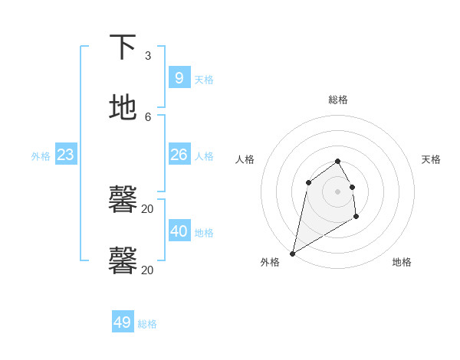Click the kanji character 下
click(123, 48)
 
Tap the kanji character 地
click(123, 108)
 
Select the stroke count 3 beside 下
click(148, 56)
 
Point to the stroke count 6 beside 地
click(148, 116)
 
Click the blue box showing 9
click(179, 77)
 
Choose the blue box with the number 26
click(179, 155)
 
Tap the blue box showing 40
click(179, 231)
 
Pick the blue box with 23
click(66, 155)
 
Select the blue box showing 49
click(123, 322)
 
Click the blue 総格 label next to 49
click(147, 324)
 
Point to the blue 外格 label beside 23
click(41, 156)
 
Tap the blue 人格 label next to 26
click(204, 156)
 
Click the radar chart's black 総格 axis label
click(338, 100)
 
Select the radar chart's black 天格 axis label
click(432, 159)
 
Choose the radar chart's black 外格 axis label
click(270, 262)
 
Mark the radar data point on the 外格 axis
click(292, 254)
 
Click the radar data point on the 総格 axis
click(338, 161)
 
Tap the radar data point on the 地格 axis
click(356, 217)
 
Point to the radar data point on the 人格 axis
click(308, 182)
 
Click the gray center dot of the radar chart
click(338, 191)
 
